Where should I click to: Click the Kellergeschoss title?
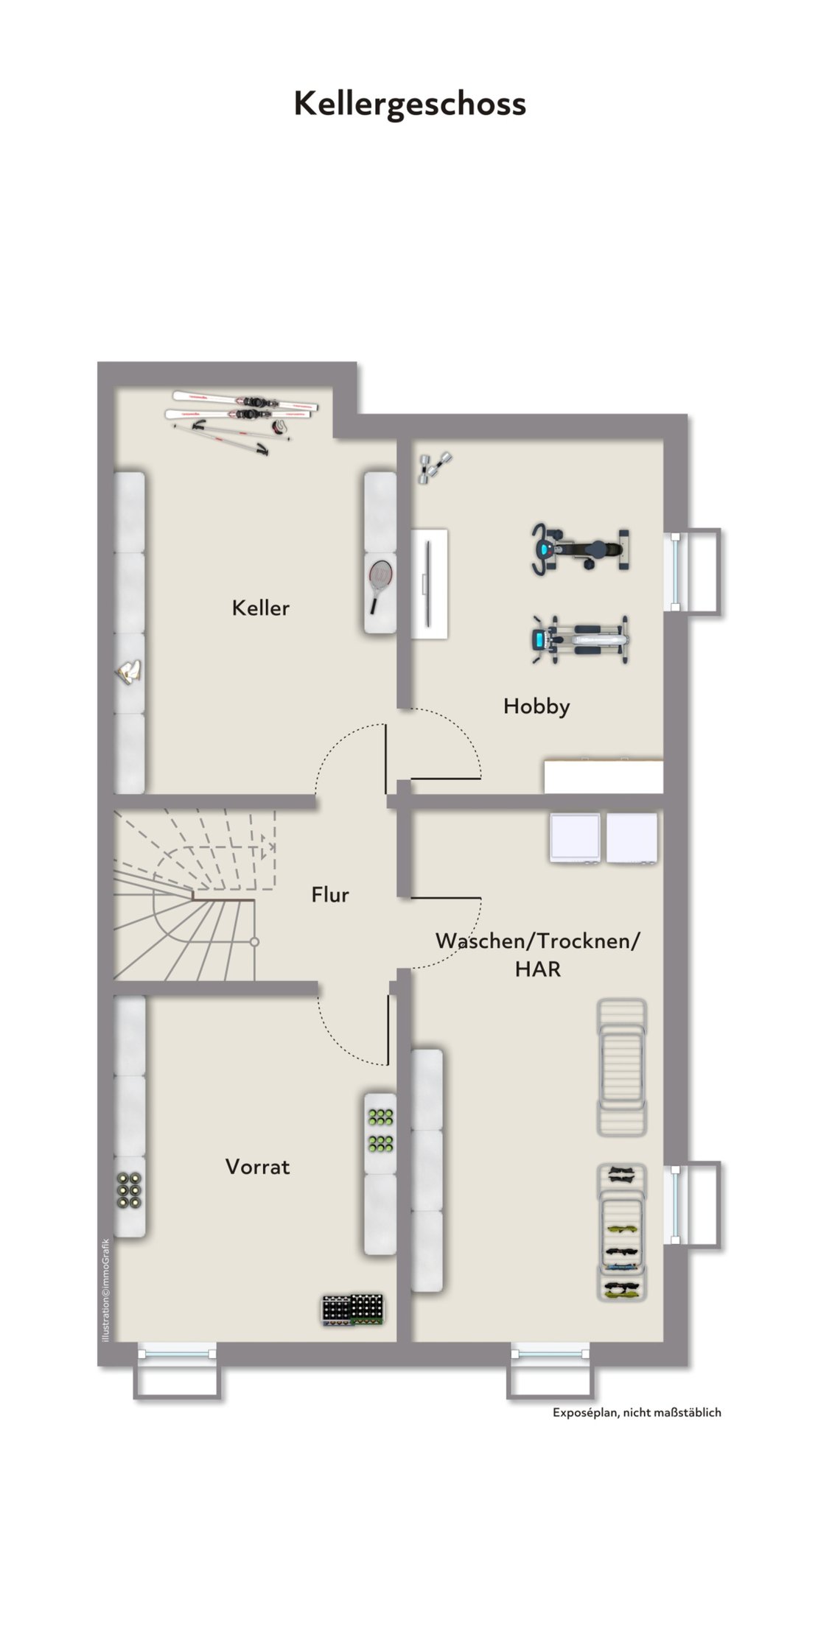(410, 105)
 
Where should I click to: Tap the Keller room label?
(261, 608)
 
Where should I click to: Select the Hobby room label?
(536, 706)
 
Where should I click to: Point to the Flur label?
(330, 895)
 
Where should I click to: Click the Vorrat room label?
(258, 1167)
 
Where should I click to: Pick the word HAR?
(538, 969)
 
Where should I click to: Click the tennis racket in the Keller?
(380, 586)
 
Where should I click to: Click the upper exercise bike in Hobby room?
(581, 549)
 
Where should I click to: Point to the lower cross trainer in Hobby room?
(581, 639)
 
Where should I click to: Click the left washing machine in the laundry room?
(575, 838)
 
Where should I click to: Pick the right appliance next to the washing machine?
(632, 838)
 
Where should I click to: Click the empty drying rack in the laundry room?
(622, 1067)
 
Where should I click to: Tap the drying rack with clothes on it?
(622, 1232)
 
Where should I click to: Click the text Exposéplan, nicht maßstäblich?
(637, 1413)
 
